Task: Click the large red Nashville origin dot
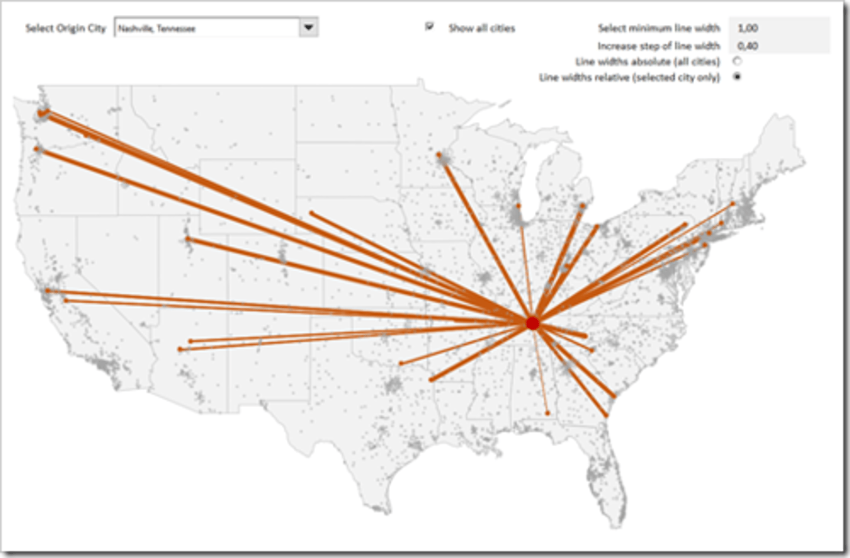point(532,323)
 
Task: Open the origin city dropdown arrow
point(308,27)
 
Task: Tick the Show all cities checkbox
point(430,27)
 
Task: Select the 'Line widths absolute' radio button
point(737,61)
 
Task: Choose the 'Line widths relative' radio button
point(737,77)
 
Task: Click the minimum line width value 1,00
point(748,28)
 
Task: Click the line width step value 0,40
point(748,46)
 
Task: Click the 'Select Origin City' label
point(66,28)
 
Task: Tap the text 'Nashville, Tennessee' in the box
point(157,28)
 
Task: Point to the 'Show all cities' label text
point(481,28)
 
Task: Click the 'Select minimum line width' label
point(659,28)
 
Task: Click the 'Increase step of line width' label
point(659,46)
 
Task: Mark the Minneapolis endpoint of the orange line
point(439,155)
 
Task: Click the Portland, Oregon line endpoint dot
point(38,149)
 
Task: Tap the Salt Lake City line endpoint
point(188,239)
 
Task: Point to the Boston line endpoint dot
point(733,204)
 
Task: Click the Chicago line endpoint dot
point(519,206)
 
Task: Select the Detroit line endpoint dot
point(583,206)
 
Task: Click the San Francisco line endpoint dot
point(48,290)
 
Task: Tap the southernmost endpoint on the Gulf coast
point(548,413)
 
